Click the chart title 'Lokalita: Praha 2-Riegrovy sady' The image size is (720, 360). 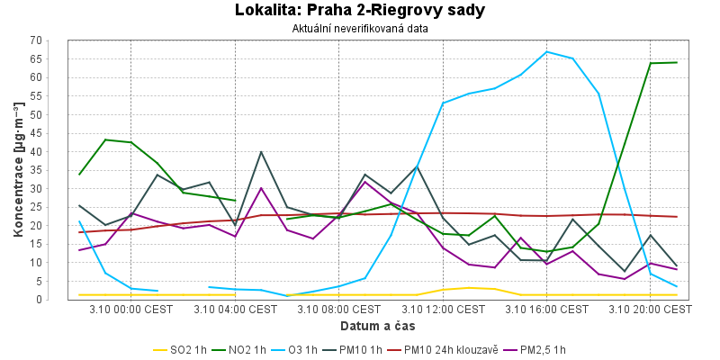coord(360,11)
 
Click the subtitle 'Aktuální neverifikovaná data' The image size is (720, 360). coord(360,28)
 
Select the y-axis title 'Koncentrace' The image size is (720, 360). coord(18,170)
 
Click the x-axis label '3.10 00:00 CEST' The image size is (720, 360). coord(131,309)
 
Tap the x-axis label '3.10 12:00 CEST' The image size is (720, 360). coord(443,309)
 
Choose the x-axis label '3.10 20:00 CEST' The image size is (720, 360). coord(651,309)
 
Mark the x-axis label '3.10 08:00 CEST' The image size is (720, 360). coord(339,309)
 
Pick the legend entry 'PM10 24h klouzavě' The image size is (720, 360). coord(449,350)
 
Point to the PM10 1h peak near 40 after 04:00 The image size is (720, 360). coord(261,152)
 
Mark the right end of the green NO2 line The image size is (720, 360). coord(677,62)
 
